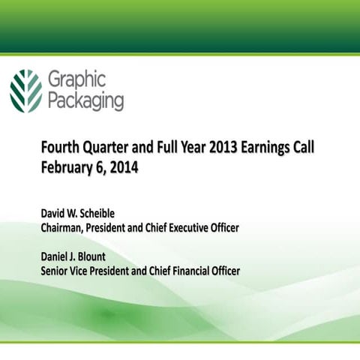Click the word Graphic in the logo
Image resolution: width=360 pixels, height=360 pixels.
(x=76, y=79)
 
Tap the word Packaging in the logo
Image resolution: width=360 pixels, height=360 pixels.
(x=85, y=100)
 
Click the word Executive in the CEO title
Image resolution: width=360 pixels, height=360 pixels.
(x=188, y=227)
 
